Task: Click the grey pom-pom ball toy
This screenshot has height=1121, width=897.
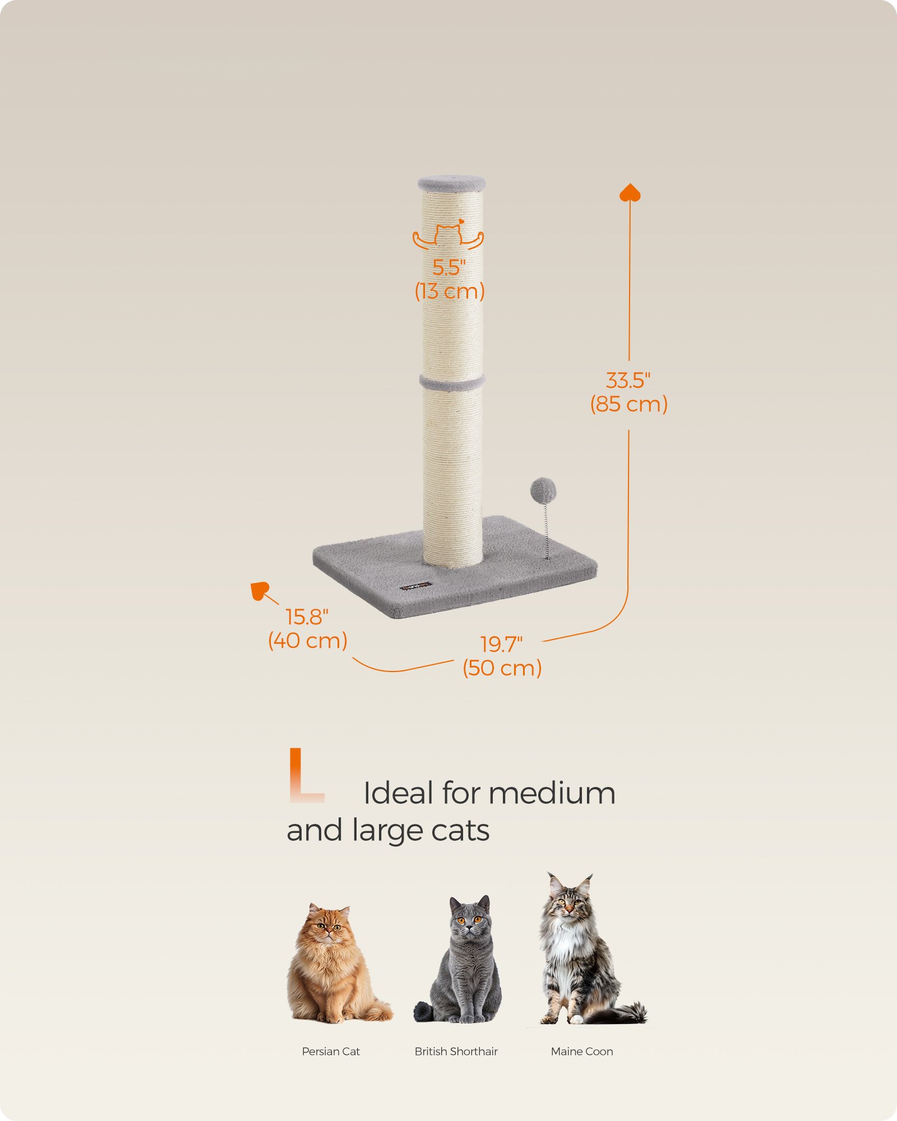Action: coord(543,491)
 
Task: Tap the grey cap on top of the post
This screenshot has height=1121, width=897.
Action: coord(451,183)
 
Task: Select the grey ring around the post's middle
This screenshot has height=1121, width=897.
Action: coord(452,383)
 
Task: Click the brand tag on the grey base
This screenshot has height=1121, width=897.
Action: coord(417,586)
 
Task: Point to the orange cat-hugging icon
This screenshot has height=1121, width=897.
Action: coord(448,234)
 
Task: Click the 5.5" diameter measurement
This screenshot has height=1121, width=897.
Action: coord(449,267)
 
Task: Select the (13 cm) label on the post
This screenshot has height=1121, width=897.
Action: coord(450,291)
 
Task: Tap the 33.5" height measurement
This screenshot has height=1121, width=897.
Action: coord(628,381)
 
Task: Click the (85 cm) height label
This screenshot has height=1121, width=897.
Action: coord(629,404)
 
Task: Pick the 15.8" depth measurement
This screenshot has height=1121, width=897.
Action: coord(307,617)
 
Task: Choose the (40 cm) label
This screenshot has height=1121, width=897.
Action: coord(308,641)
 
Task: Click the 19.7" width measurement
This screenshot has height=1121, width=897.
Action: coord(501,645)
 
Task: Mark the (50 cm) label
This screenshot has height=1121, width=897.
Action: coord(502,668)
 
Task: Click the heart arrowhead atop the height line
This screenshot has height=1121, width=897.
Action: coord(630,192)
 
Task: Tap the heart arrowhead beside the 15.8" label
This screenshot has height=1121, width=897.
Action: coord(260,591)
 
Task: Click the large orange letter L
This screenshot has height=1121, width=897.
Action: coord(306,775)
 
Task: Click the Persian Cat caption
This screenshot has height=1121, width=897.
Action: coord(331,1051)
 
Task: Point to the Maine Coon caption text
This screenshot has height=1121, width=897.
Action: coord(582,1051)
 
